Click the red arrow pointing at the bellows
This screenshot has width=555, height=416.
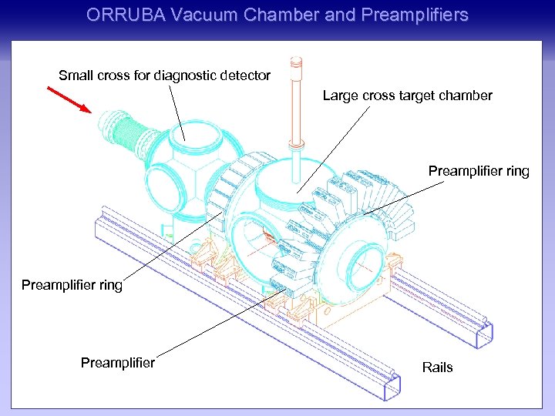68,99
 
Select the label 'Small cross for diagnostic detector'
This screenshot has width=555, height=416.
164,75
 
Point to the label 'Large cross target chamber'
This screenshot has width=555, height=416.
407,96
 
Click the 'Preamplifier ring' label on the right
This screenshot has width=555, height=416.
479,171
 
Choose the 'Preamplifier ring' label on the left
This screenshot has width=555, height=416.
72,285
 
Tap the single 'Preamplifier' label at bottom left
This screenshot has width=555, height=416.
117,362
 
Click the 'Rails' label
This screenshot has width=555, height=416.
437,367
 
